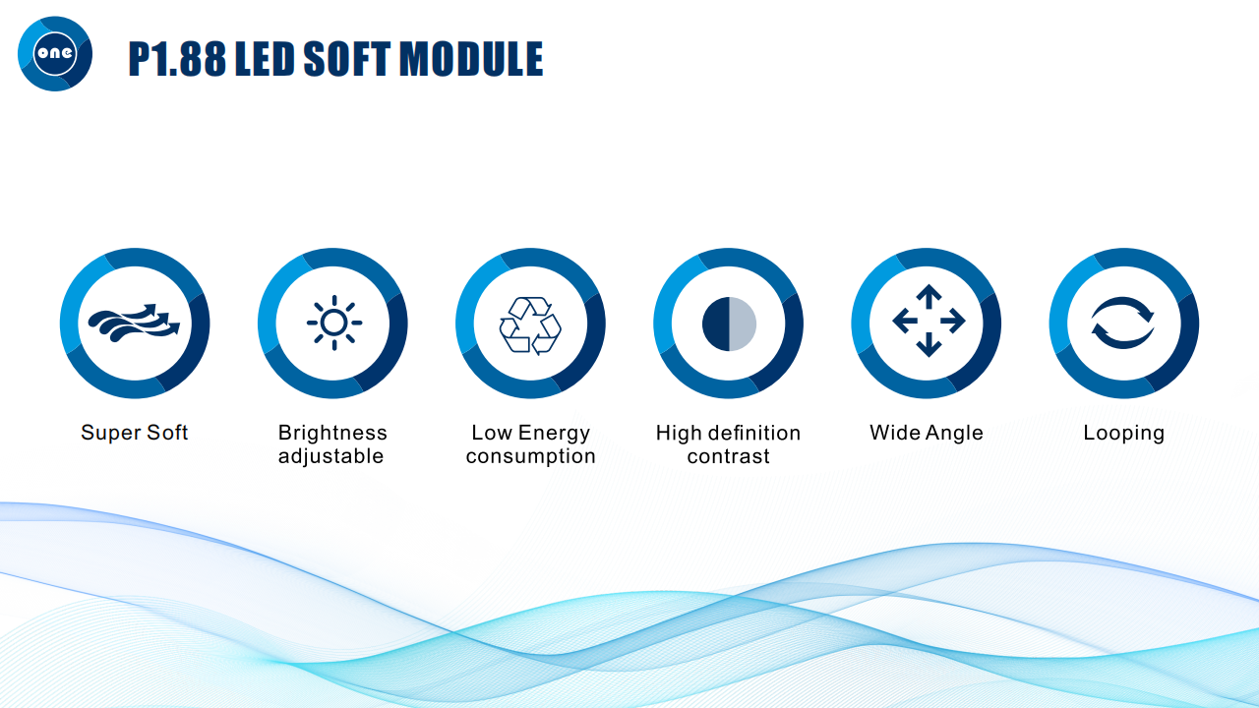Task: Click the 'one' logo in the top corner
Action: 55,53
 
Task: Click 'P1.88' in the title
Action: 177,58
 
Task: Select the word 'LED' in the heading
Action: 265,58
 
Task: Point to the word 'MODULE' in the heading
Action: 471,58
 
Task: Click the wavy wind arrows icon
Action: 134,324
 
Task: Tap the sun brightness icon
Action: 334,323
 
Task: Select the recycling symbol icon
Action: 530,325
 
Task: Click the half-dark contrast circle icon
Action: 729,324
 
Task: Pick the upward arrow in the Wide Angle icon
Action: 929,296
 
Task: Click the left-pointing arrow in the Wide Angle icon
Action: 905,321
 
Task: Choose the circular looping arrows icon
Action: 1122,323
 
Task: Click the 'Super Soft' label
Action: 135,433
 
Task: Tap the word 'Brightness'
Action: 332,433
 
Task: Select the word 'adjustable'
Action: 331,456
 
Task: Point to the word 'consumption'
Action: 530,456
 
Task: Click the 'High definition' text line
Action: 729,433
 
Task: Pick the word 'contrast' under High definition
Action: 729,456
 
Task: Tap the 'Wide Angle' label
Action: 927,433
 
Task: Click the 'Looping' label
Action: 1123,434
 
